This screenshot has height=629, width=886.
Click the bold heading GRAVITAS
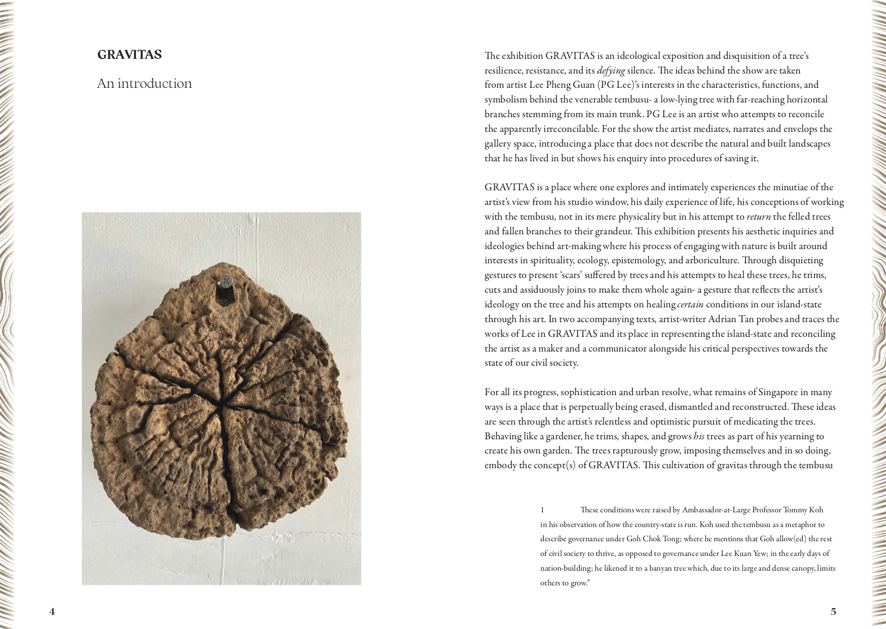(x=129, y=55)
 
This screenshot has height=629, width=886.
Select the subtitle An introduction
(x=144, y=83)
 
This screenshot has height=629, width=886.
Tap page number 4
(x=52, y=611)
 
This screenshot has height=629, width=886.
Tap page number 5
(x=833, y=611)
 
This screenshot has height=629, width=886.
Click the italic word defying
(x=611, y=71)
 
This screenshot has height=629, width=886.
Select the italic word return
(x=759, y=217)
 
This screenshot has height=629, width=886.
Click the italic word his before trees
(x=698, y=436)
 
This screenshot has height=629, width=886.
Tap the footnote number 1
(x=542, y=510)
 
